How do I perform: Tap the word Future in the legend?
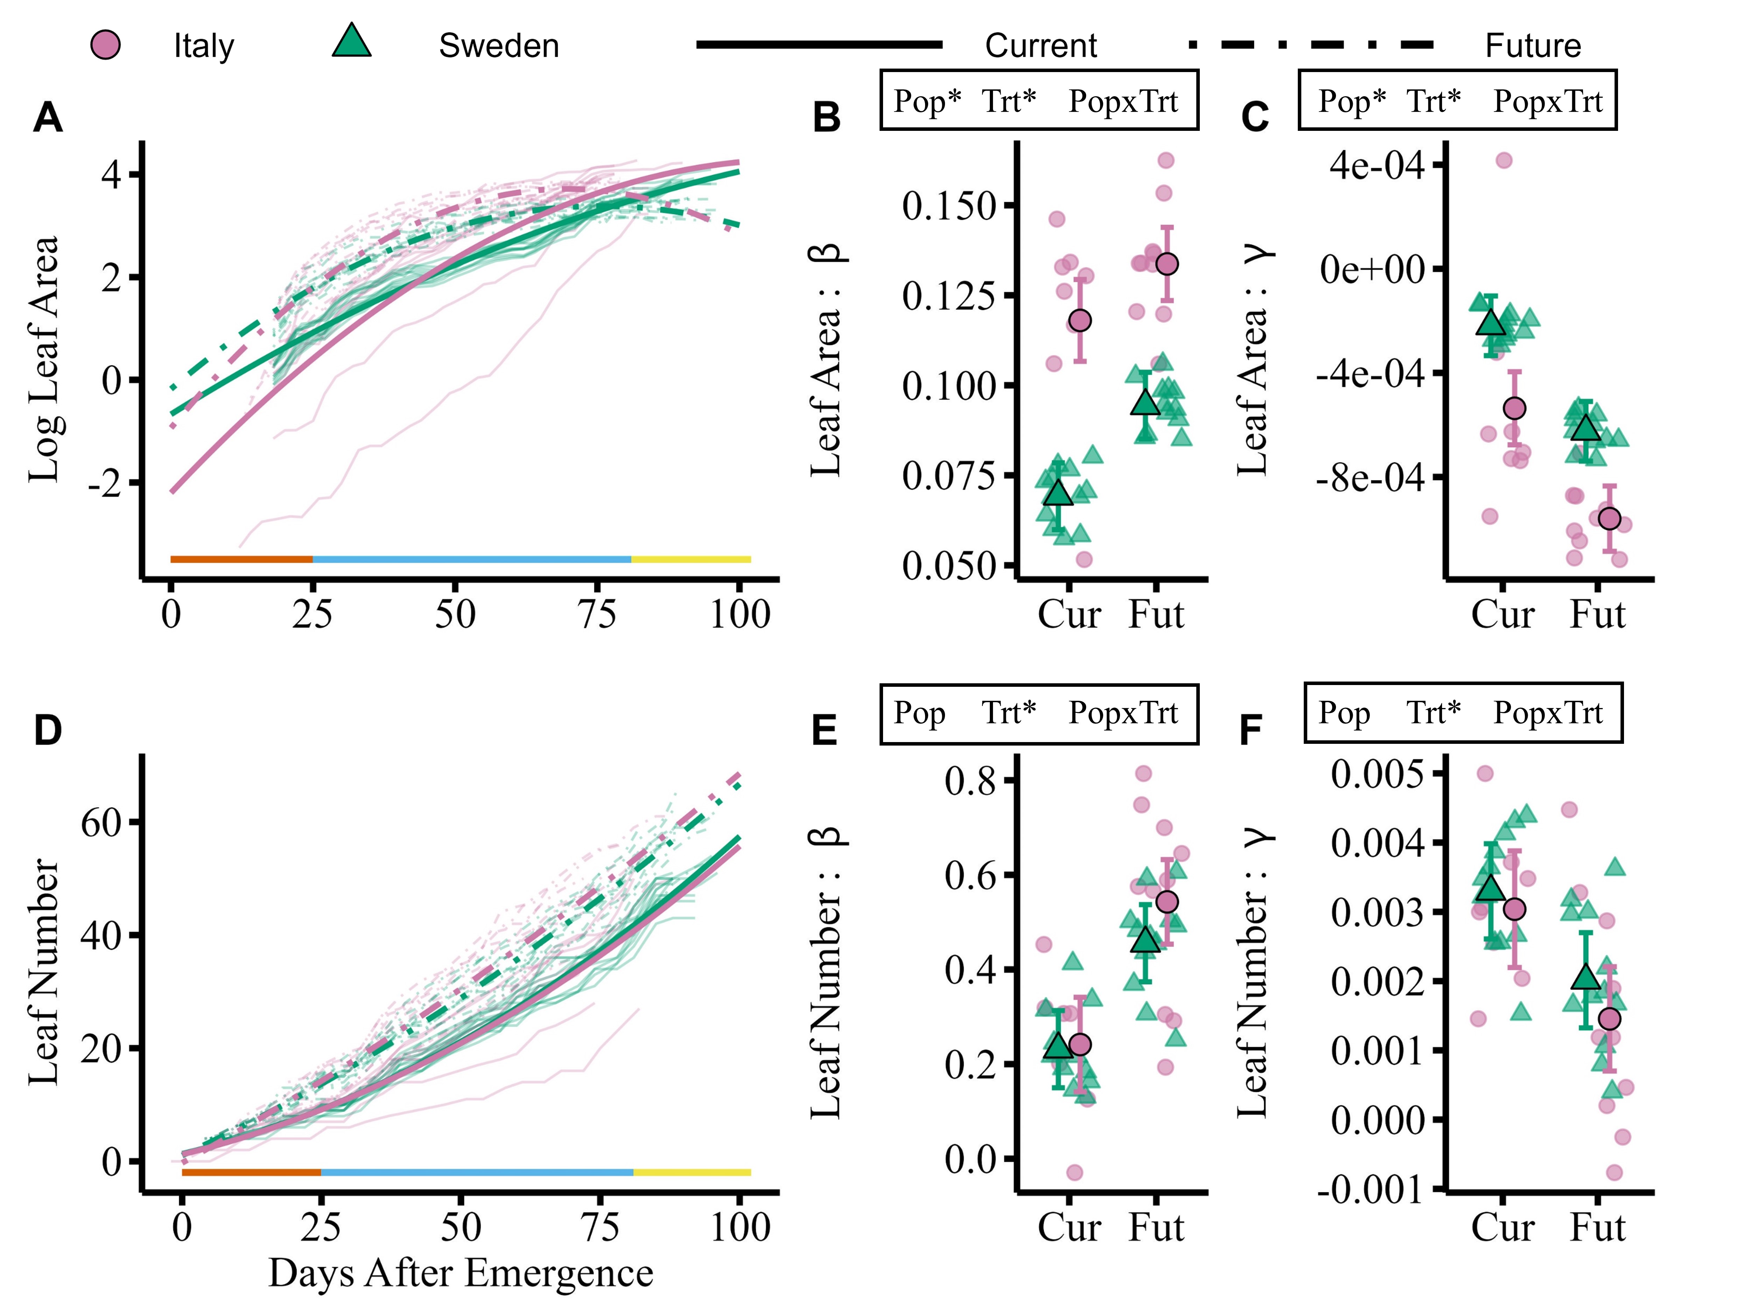point(1532,46)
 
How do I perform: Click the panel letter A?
point(48,119)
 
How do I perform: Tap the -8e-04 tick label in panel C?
point(1371,479)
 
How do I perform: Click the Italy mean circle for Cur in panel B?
point(1080,320)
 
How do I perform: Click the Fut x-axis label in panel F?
point(1597,1227)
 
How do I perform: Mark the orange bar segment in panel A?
point(241,559)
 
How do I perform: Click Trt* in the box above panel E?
point(1009,713)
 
